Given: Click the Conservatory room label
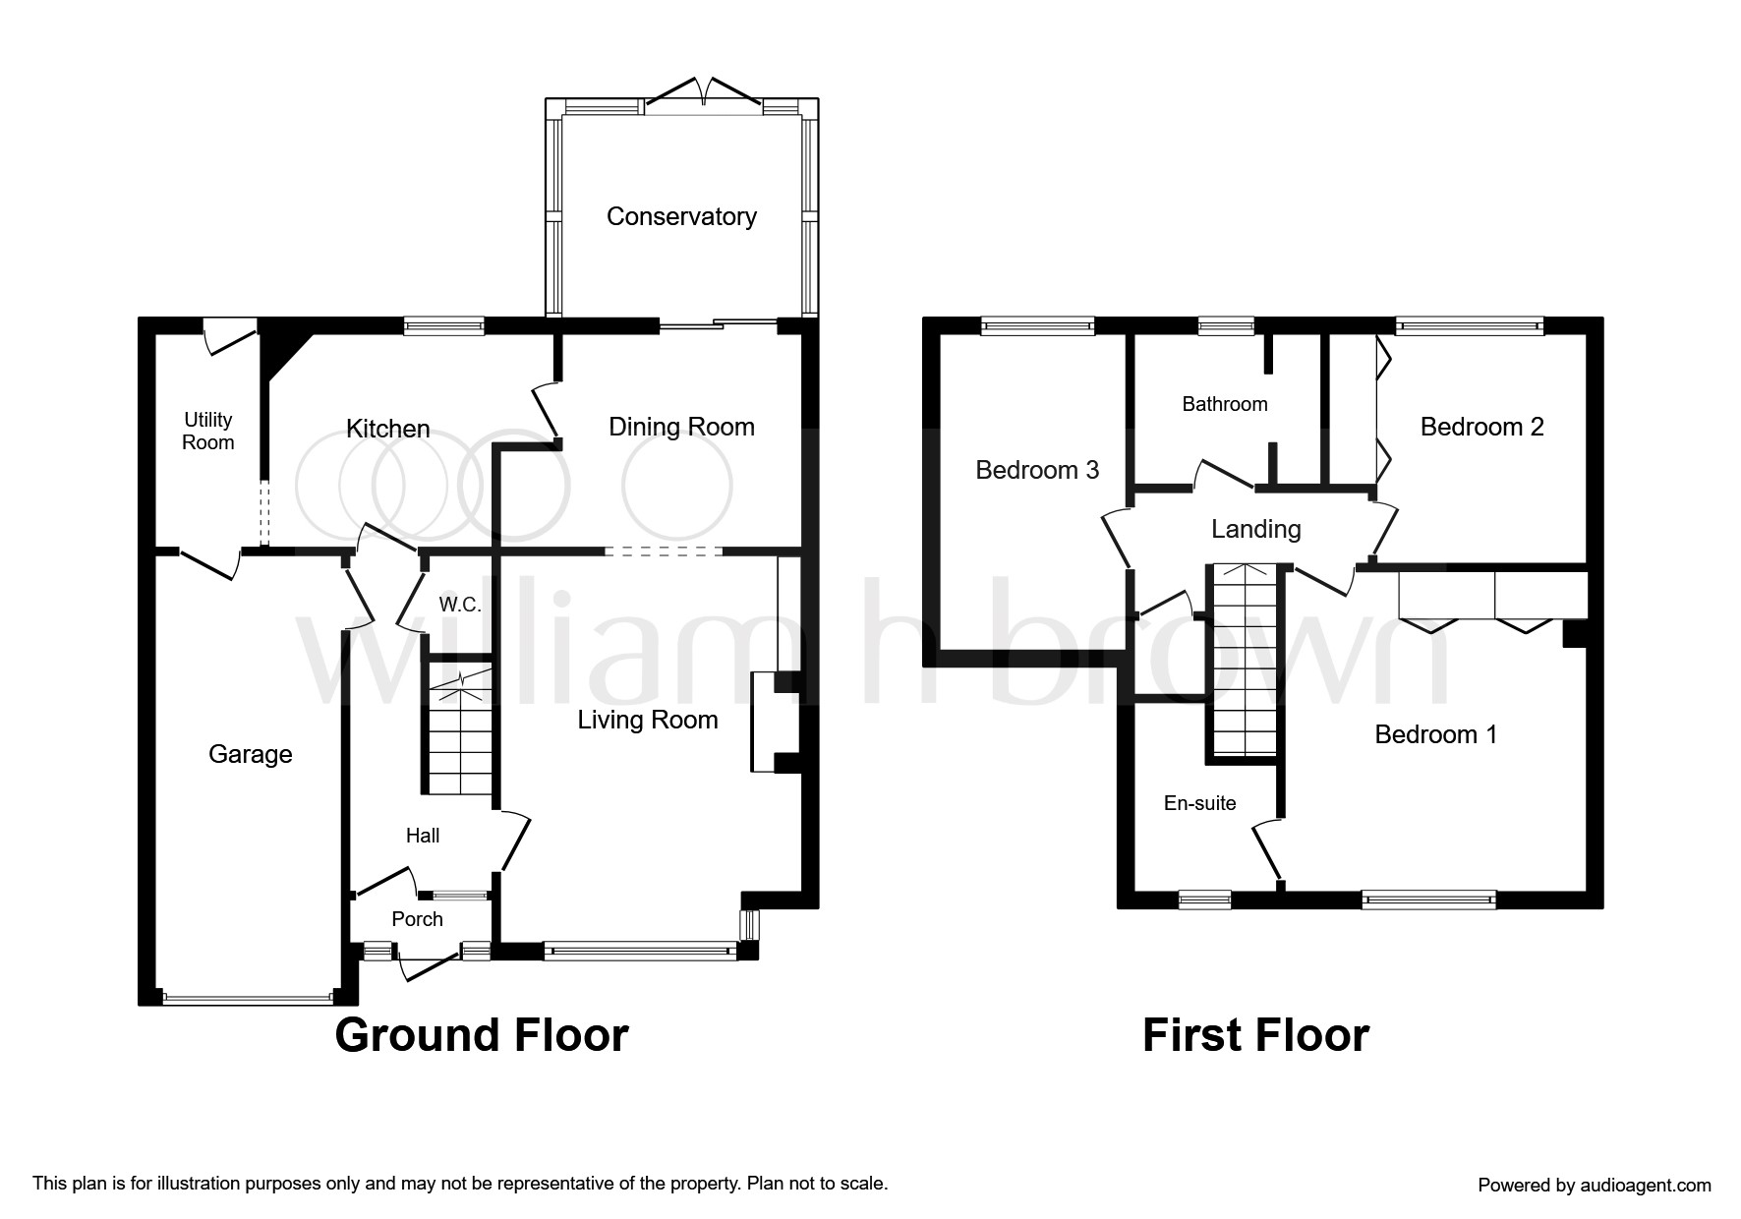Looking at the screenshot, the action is click(x=681, y=216).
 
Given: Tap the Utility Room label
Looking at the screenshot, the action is click(x=208, y=431).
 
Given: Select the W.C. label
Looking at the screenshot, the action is click(x=460, y=605).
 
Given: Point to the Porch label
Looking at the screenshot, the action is click(x=417, y=919).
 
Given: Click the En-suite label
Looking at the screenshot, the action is click(x=1199, y=803).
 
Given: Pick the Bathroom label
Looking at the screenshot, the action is click(x=1225, y=404).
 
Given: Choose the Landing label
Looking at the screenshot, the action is click(x=1255, y=529).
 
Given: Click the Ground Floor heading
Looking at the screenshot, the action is click(x=481, y=1035).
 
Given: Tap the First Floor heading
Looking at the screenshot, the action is click(x=1255, y=1035).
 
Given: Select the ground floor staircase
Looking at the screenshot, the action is click(x=460, y=733).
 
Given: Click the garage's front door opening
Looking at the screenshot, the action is click(x=248, y=999).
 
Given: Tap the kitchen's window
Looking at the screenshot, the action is click(x=444, y=325).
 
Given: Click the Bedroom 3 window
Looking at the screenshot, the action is click(x=1037, y=325).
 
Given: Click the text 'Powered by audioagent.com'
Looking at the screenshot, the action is click(x=1595, y=1185).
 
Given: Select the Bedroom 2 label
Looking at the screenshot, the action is click(x=1481, y=427).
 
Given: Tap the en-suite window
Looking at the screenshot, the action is click(x=1205, y=898).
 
